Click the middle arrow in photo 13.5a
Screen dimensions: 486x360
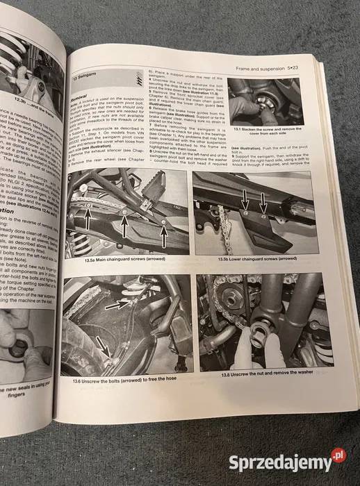point(123,226)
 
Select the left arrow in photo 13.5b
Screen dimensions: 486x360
point(245,209)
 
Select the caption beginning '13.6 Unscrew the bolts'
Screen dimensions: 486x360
point(124,374)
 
